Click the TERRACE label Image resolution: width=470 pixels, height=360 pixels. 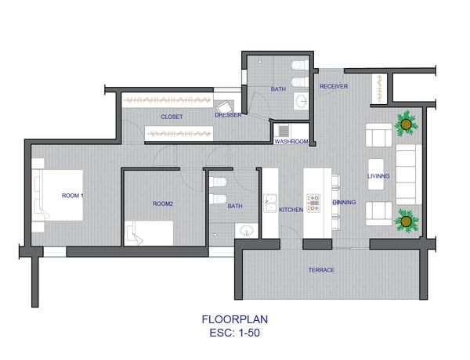[x=321, y=270]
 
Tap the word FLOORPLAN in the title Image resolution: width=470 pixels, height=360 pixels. [x=235, y=319]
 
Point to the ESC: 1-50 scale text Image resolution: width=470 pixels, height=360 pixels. [x=235, y=333]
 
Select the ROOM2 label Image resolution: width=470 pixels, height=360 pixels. [x=163, y=203]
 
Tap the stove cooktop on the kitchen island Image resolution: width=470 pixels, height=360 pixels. [x=313, y=203]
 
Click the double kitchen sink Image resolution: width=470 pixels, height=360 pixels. [x=270, y=203]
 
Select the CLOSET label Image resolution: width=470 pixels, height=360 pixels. [x=172, y=117]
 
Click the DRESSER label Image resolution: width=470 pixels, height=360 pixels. [x=228, y=115]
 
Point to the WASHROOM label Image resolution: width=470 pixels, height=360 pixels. [x=291, y=142]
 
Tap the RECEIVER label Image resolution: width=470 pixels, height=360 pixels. [x=334, y=86]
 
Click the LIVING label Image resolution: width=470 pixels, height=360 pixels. [x=378, y=176]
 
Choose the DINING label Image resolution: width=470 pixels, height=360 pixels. [x=344, y=202]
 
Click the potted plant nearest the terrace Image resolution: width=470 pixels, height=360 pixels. [x=406, y=221]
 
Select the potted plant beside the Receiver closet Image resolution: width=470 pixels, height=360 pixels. [x=406, y=124]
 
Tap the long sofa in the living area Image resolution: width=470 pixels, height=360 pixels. [x=408, y=175]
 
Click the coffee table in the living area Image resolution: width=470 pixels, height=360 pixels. [x=376, y=175]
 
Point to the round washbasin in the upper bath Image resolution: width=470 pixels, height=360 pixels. [x=302, y=101]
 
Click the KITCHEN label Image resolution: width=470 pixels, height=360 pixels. [x=291, y=210]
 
